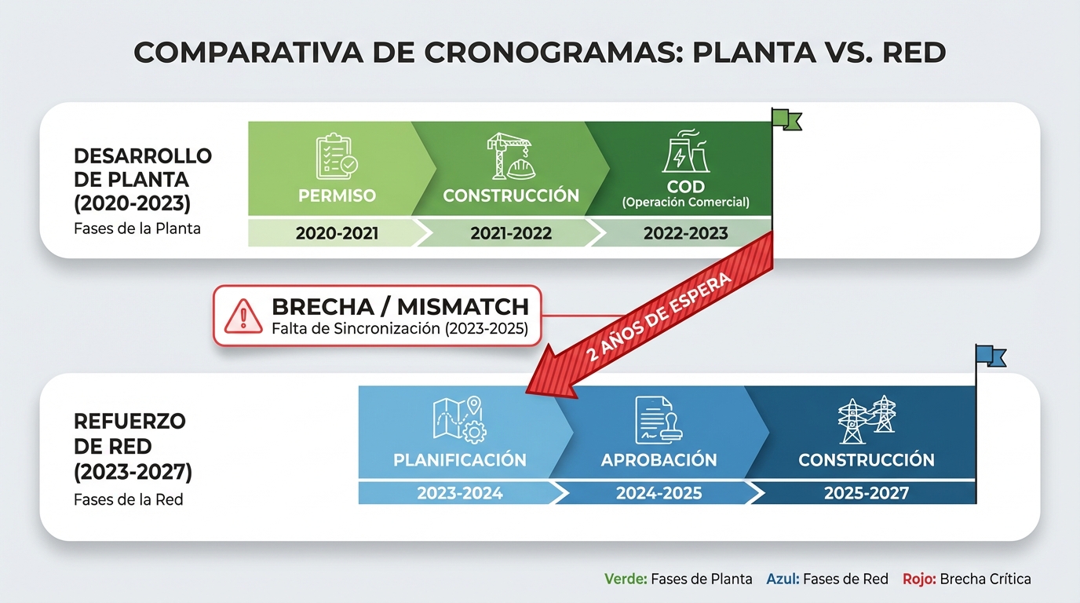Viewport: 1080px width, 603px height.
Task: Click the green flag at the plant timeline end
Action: [786, 119]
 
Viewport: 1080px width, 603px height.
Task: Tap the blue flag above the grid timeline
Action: [991, 356]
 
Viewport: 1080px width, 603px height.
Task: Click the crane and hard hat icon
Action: [510, 155]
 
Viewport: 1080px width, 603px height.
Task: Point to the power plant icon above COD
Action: [685, 152]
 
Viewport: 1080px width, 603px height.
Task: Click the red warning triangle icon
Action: [243, 316]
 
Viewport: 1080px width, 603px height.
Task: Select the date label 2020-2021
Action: [337, 233]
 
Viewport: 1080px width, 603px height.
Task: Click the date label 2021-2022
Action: [511, 233]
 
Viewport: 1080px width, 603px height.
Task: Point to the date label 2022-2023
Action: [685, 233]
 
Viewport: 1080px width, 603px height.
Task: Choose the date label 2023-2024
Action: [459, 494]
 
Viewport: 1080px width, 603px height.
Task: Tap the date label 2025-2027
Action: [866, 494]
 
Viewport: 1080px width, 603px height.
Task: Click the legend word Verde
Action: [626, 579]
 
